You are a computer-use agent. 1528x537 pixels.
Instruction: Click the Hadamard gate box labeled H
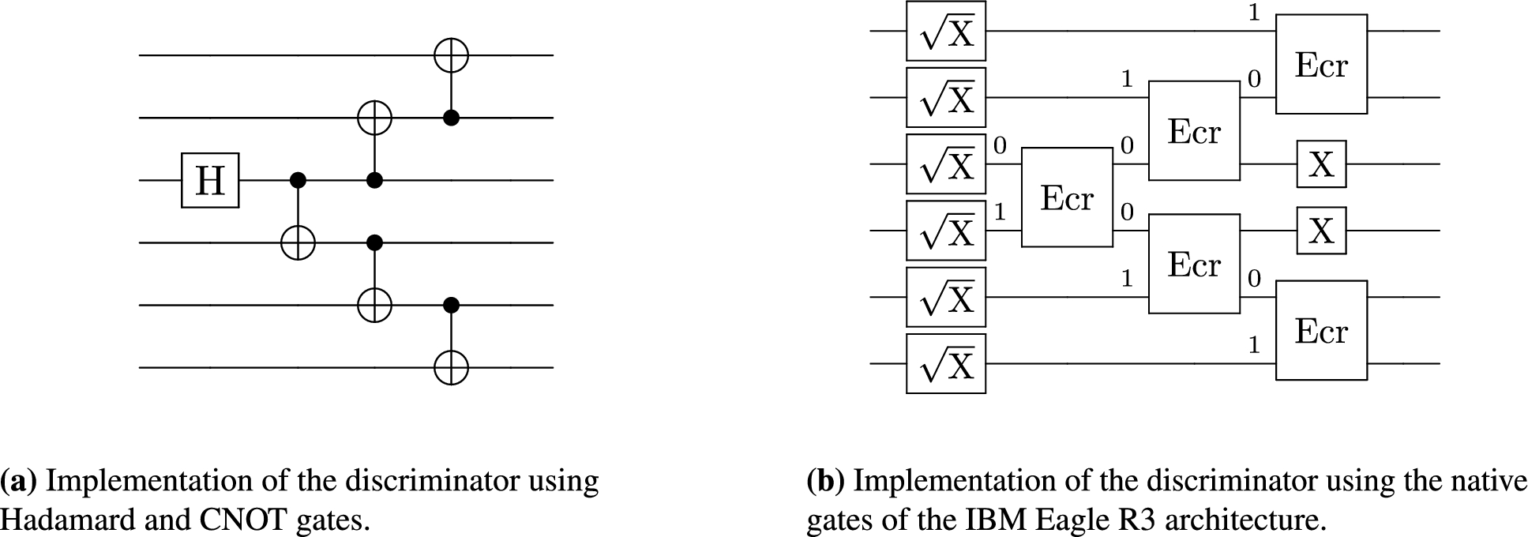click(209, 181)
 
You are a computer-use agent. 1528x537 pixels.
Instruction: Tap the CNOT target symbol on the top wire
click(451, 55)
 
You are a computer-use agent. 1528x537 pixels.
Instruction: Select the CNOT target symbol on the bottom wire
click(451, 367)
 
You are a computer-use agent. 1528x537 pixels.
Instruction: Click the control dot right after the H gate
click(298, 181)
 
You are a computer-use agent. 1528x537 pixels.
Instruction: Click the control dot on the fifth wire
click(451, 304)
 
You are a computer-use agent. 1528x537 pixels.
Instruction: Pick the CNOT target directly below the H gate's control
click(298, 242)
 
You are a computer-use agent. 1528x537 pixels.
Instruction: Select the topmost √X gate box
click(945, 31)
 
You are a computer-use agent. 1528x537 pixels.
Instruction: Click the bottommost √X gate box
click(945, 364)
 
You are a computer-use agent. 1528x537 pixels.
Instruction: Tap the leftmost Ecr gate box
click(1067, 197)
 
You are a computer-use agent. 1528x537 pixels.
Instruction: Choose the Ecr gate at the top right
click(1321, 64)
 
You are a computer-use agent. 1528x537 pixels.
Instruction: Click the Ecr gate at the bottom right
click(1321, 331)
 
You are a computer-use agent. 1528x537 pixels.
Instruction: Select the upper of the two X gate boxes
click(1321, 164)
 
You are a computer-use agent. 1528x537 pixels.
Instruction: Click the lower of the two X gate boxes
click(1321, 231)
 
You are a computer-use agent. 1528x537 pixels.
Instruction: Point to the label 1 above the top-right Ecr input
click(1254, 14)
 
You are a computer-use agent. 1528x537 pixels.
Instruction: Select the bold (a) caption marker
click(20, 481)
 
